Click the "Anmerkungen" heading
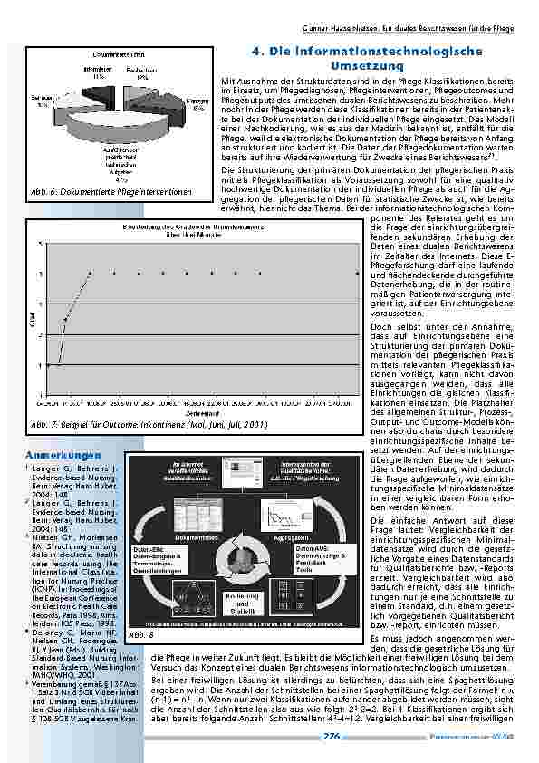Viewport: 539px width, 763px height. [x=62, y=452]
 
